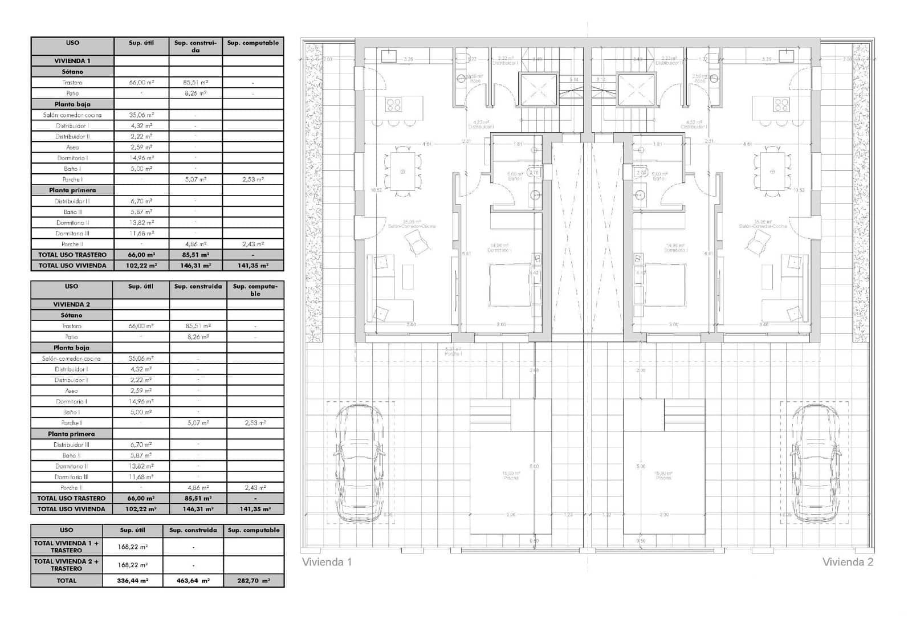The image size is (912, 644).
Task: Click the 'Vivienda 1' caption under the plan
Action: [327, 562]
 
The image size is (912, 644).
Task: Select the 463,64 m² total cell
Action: [193, 581]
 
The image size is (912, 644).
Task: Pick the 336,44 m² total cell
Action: [132, 581]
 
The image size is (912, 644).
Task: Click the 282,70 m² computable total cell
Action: [254, 581]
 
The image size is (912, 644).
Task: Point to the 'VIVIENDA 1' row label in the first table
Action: [72, 61]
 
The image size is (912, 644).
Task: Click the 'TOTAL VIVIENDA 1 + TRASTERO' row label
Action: [66, 547]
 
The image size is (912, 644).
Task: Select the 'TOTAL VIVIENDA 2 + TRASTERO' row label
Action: [66, 565]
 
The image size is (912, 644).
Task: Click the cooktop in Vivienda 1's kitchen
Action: [393, 105]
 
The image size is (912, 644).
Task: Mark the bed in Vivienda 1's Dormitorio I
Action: [510, 285]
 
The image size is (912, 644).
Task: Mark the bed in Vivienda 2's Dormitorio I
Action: [665, 285]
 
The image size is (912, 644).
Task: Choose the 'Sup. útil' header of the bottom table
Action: [132, 530]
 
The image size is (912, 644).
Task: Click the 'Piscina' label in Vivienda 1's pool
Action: [511, 478]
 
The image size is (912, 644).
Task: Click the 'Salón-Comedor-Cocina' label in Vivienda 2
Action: [763, 226]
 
